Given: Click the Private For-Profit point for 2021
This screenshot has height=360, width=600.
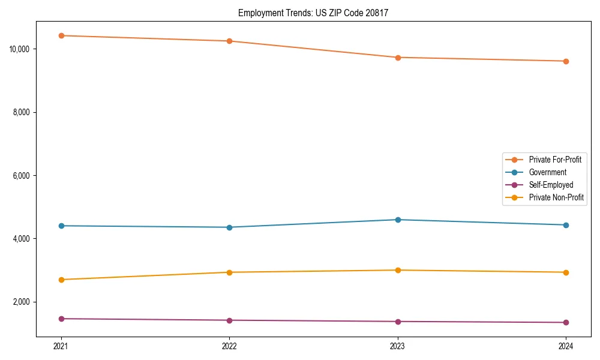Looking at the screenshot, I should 61,35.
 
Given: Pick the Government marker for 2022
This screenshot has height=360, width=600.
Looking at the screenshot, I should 229,227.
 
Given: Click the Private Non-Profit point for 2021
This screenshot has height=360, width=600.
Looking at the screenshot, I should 61,280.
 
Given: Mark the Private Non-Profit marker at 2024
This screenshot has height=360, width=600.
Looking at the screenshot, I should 566,272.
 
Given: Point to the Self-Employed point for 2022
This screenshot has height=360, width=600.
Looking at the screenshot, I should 229,320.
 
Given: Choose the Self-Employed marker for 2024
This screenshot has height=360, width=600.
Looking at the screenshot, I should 566,323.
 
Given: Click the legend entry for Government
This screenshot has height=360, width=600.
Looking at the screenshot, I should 547,172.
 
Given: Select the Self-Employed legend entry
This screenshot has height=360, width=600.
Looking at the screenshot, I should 551,185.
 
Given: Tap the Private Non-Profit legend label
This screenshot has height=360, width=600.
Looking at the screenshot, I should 556,197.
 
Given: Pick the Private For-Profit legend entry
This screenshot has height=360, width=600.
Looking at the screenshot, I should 554,160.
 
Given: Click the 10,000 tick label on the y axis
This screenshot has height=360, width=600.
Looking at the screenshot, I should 20,49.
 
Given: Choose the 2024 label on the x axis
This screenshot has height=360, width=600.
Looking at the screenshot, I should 566,346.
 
